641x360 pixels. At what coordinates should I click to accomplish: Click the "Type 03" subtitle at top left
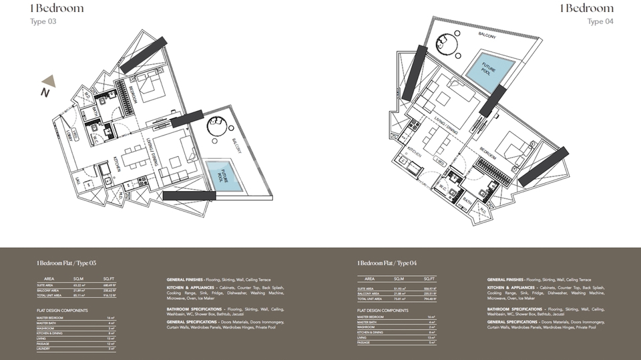click(x=44, y=21)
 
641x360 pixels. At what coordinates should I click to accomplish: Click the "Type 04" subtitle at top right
click(x=600, y=21)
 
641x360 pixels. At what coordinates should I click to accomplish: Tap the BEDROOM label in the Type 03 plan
click(x=131, y=93)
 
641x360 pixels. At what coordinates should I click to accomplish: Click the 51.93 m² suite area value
click(x=399, y=287)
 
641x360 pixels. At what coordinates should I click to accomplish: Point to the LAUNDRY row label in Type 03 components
click(x=45, y=349)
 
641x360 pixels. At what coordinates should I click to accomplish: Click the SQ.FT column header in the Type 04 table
click(x=429, y=279)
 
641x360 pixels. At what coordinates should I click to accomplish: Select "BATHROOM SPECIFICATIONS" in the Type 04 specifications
click(x=515, y=309)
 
